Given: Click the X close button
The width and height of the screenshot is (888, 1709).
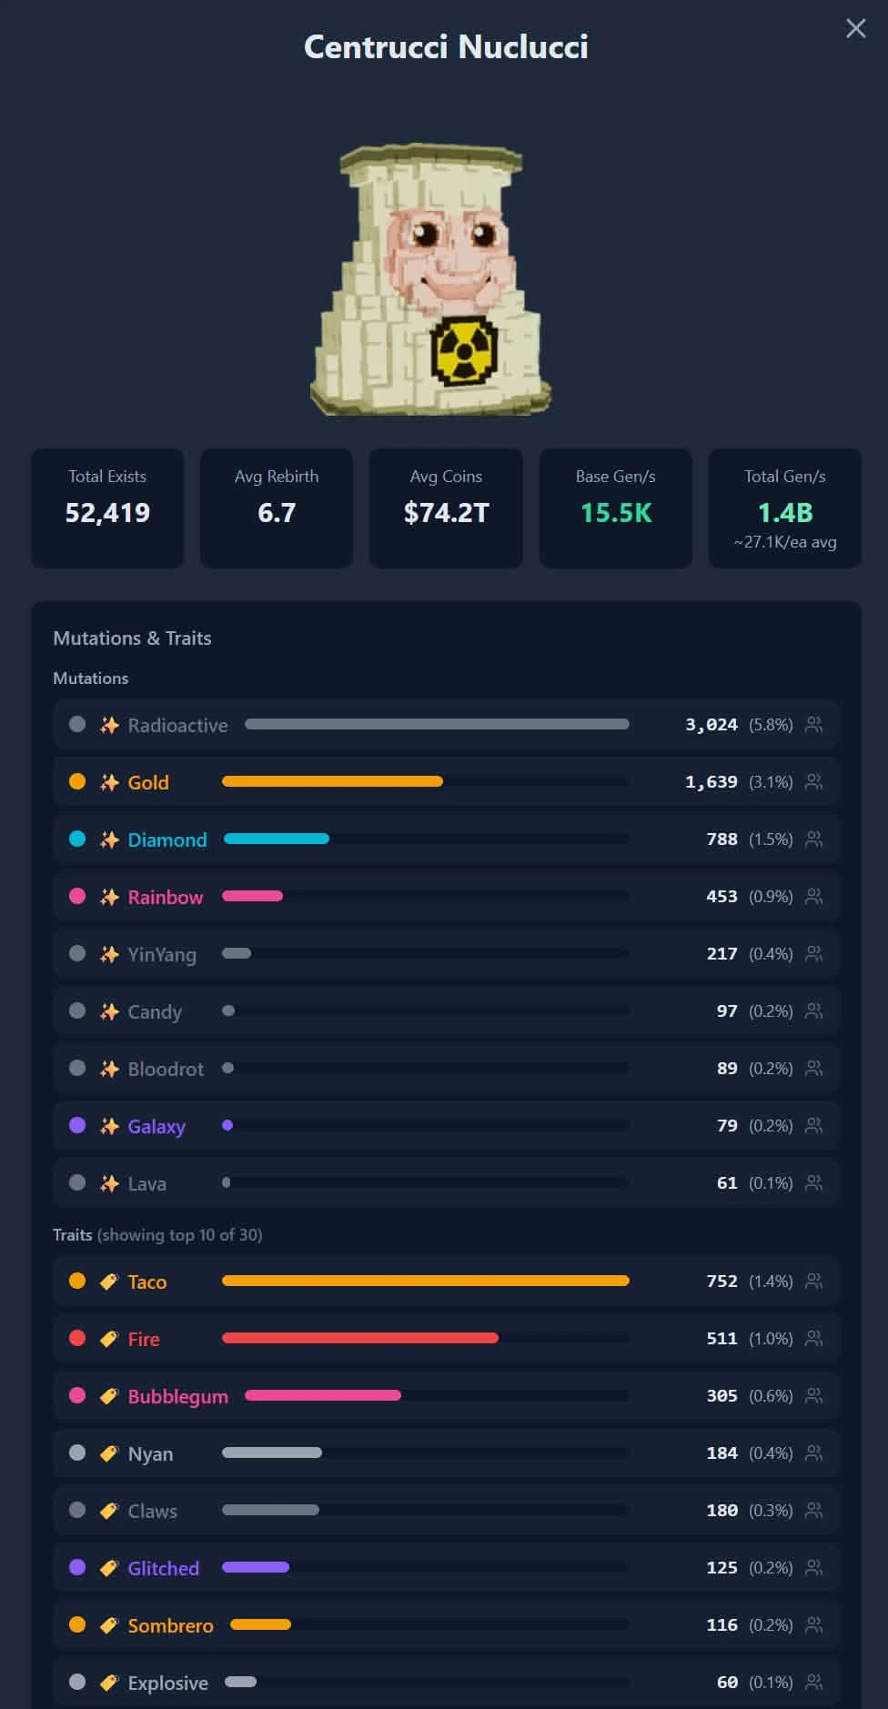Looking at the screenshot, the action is (855, 28).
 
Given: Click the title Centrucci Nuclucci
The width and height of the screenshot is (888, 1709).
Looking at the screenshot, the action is (446, 46).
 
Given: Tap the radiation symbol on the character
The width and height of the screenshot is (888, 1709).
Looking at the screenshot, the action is (464, 351).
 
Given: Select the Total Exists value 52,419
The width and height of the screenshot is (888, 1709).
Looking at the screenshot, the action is (107, 513).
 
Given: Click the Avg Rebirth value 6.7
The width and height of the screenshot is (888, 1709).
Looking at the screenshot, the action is (277, 513).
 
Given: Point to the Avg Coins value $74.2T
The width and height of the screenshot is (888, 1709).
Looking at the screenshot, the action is (446, 513).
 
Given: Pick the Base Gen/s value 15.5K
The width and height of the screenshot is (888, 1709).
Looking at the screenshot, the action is (616, 513).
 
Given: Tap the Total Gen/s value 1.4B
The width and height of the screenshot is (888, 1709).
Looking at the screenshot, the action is (785, 513).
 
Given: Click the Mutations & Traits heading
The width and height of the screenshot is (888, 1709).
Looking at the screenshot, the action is (132, 638).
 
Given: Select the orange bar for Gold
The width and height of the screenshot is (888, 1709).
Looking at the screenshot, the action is (332, 781).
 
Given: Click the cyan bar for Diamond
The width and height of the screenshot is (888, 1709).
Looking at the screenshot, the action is (277, 839).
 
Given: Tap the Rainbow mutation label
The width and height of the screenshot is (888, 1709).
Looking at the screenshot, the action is (166, 897).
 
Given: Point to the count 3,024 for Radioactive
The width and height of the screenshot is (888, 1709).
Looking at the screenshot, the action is (711, 725).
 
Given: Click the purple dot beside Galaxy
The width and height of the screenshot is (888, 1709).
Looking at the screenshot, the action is (77, 1125).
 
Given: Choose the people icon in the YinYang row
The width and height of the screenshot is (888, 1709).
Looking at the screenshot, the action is (814, 953).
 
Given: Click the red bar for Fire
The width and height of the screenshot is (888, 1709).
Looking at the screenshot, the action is (360, 1338).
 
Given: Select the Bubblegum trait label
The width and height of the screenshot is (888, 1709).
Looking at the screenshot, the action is (178, 1397).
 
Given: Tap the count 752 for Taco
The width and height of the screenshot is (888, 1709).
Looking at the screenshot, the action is (722, 1281).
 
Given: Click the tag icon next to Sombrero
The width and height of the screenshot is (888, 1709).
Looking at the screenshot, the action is (109, 1624).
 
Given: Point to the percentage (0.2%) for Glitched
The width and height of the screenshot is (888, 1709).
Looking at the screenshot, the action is (771, 1567).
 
